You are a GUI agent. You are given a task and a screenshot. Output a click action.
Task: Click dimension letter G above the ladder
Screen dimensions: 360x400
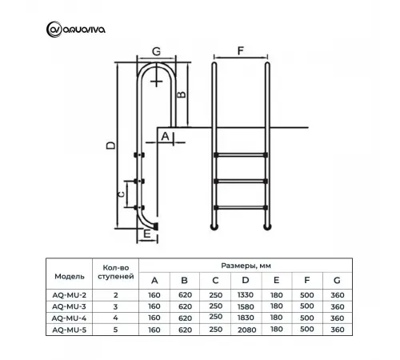click(x=155, y=51)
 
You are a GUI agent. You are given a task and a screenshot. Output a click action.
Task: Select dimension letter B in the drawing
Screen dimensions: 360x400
click(x=182, y=94)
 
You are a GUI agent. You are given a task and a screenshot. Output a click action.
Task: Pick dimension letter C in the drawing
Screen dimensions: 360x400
click(x=120, y=194)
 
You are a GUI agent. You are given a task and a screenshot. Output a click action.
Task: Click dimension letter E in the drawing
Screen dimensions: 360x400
click(x=147, y=235)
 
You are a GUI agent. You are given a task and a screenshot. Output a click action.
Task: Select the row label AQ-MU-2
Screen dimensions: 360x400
click(x=70, y=295)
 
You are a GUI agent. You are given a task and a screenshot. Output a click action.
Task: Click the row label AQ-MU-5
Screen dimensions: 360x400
click(x=70, y=329)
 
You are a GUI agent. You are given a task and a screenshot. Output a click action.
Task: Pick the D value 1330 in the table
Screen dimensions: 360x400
click(x=246, y=295)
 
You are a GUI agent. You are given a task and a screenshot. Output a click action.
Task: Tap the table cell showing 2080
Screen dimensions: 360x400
click(x=246, y=329)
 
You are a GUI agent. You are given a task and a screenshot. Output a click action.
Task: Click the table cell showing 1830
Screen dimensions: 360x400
click(x=246, y=318)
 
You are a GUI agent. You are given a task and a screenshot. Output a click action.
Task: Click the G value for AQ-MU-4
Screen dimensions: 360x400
click(x=336, y=318)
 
